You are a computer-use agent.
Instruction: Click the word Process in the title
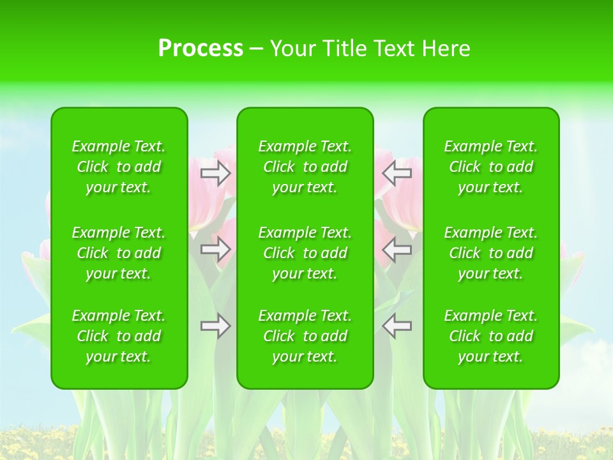(201, 49)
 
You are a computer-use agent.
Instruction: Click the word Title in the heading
(345, 49)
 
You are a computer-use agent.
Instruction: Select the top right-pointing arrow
(215, 173)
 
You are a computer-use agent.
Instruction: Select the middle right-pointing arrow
(215, 249)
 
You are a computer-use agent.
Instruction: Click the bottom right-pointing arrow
(215, 326)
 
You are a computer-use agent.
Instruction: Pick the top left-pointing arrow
(397, 173)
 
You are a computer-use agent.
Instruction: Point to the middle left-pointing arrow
(397, 249)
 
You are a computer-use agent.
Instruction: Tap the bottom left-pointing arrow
(397, 326)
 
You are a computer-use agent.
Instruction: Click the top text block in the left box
(119, 167)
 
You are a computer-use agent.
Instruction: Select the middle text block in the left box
(119, 253)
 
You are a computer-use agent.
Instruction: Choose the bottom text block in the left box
(119, 336)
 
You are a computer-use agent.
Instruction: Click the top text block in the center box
(305, 167)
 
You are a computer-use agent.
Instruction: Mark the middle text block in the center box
(305, 253)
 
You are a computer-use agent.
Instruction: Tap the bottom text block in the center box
(305, 336)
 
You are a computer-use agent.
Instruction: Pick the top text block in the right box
(491, 167)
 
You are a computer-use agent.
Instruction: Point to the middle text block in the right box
(491, 253)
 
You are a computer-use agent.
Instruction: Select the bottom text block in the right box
(491, 336)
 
